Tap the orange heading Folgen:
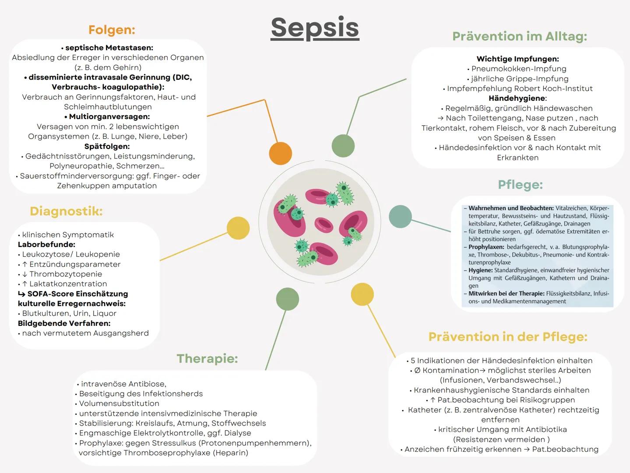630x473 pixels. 112,30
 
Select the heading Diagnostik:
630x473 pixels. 66,211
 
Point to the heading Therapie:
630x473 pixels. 207,359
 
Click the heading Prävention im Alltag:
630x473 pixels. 519,36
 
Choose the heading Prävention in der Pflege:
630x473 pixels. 508,337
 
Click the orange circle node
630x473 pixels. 280,153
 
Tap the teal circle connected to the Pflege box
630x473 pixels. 400,216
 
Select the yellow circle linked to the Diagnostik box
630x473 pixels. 238,228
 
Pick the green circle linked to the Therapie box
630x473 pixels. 288,300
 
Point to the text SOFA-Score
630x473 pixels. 48,294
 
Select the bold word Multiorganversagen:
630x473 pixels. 109,116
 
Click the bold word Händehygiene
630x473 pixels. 517,98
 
